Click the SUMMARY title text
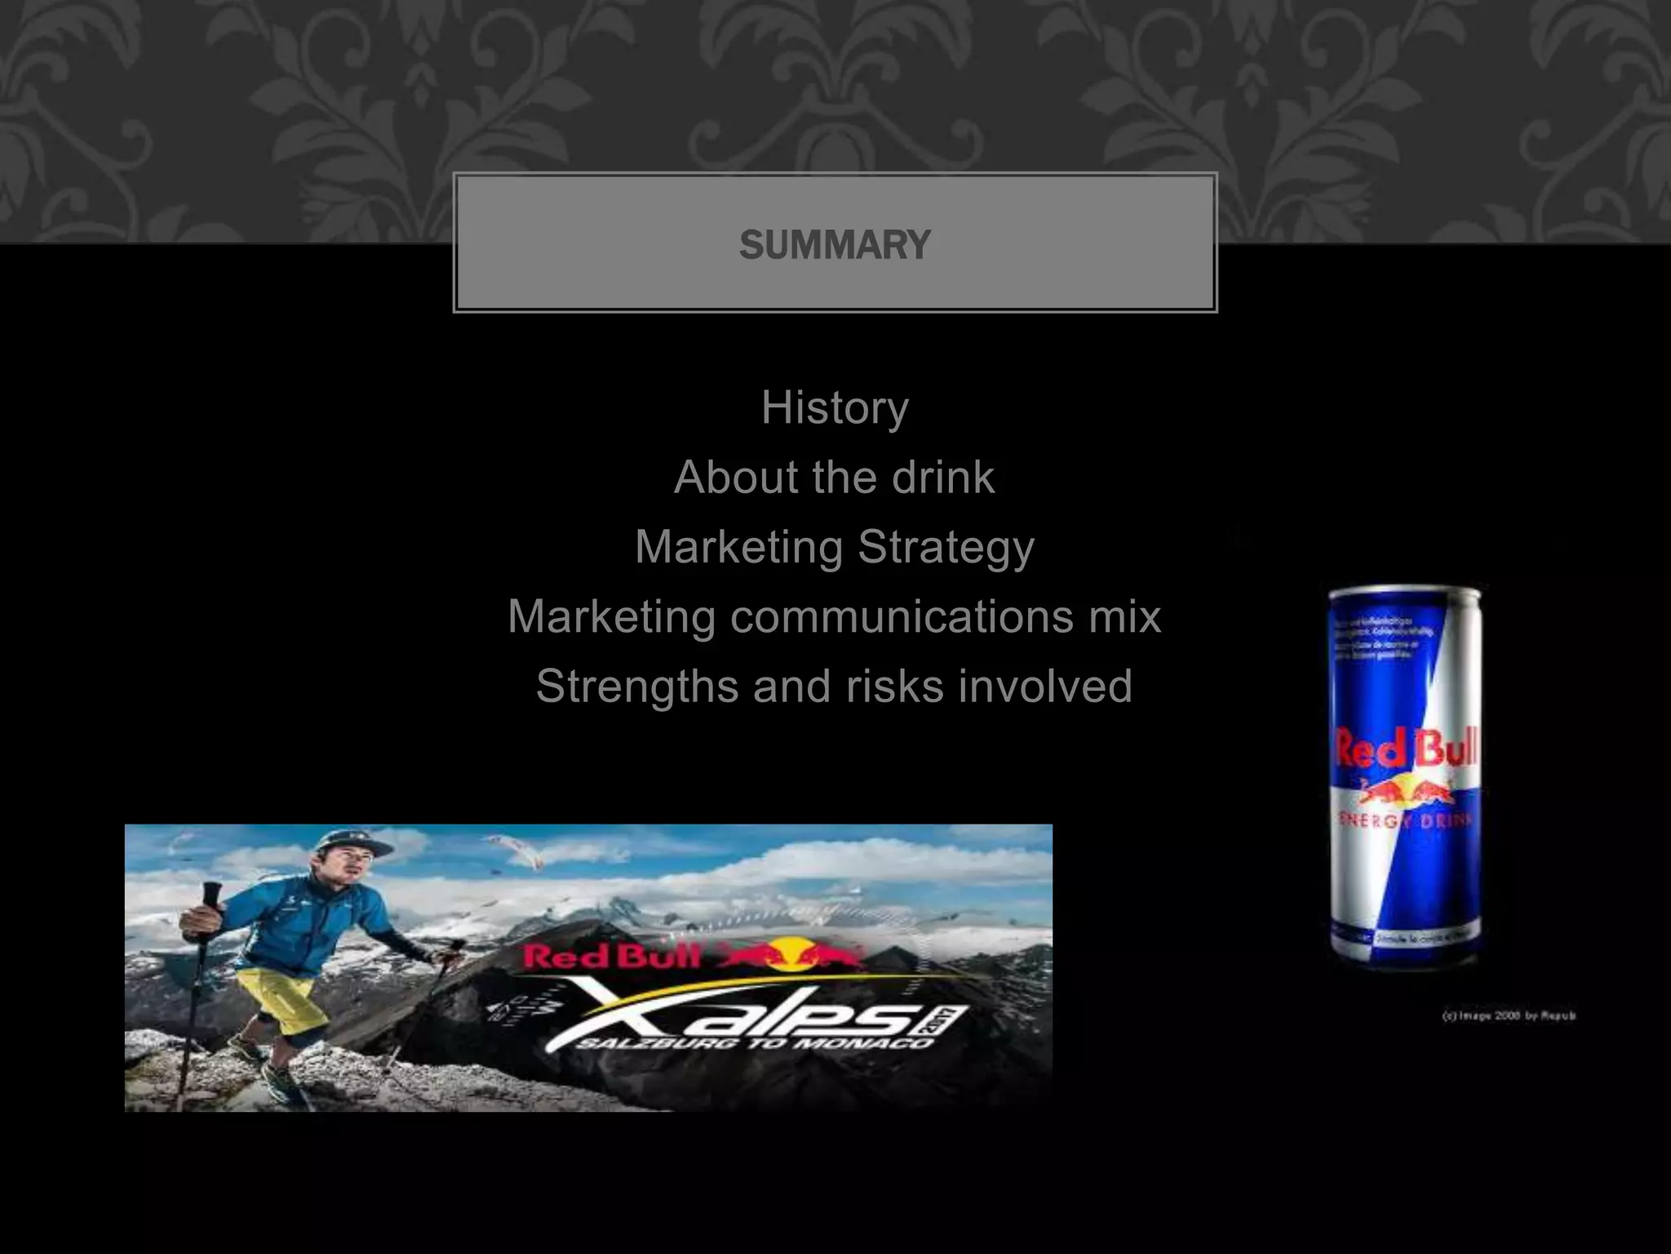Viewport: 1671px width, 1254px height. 835,245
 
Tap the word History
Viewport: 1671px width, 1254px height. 835,407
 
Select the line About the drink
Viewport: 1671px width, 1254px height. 834,477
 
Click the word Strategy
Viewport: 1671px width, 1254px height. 946,547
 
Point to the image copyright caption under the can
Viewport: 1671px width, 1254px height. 1509,1016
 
